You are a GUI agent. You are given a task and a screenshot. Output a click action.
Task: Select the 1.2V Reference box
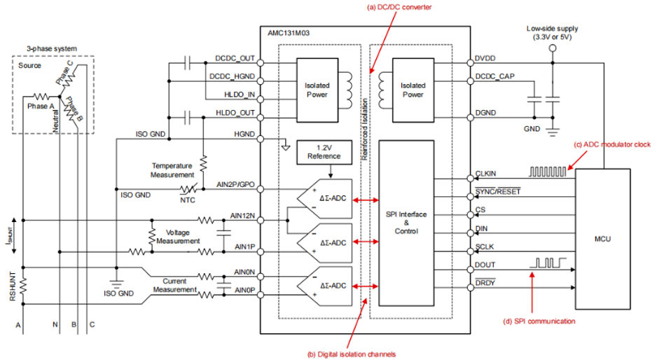coord(323,151)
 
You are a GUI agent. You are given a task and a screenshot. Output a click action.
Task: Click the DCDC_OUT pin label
coord(235,60)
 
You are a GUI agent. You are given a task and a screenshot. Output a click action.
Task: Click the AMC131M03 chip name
coord(290,33)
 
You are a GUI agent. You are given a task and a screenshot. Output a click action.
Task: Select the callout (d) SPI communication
coord(539,321)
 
